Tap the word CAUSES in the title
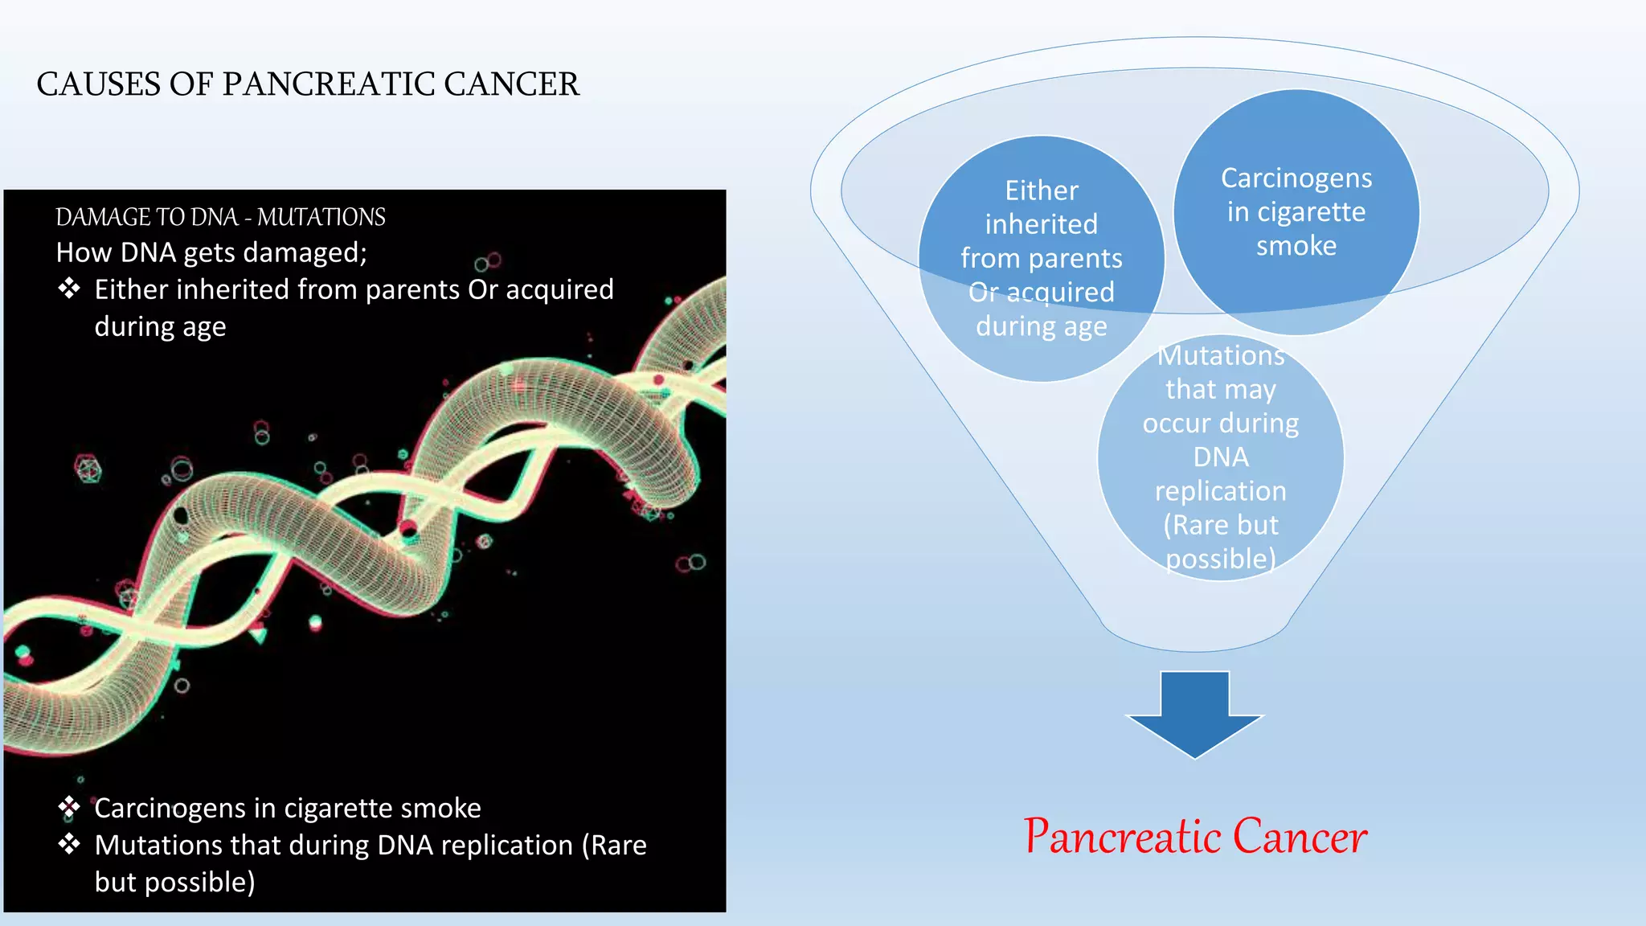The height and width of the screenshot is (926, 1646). click(98, 84)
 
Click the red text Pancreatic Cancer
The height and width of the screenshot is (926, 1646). click(1195, 837)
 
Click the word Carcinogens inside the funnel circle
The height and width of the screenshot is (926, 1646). click(1296, 178)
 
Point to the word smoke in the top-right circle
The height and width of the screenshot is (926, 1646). click(1296, 246)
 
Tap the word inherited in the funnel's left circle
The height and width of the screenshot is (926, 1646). click(1041, 224)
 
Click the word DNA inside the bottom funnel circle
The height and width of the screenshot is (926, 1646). click(1220, 457)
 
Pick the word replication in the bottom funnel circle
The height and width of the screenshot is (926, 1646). click(1220, 491)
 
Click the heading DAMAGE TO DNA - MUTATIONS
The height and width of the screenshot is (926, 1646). click(220, 217)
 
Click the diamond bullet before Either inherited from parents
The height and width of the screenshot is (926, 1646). click(69, 288)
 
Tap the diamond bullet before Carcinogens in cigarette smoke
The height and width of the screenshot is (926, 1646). click(69, 806)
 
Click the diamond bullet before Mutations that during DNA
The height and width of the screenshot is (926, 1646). click(69, 843)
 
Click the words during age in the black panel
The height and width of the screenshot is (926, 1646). click(160, 327)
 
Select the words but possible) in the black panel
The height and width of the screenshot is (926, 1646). click(174, 883)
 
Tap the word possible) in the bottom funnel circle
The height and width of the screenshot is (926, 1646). click(1220, 559)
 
